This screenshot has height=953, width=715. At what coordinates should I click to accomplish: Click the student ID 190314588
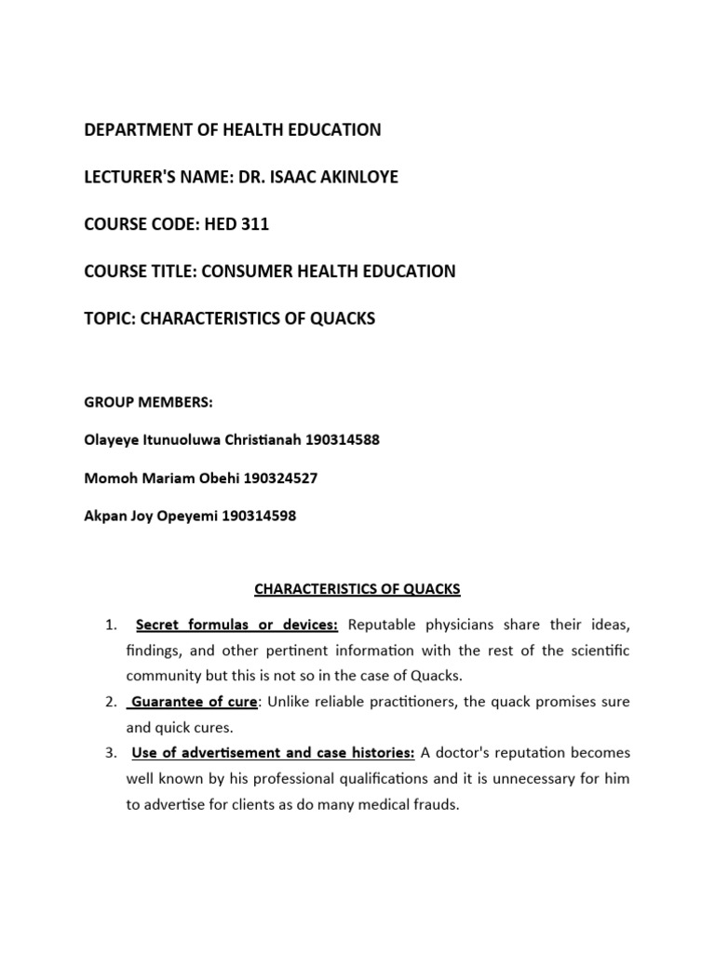pos(334,439)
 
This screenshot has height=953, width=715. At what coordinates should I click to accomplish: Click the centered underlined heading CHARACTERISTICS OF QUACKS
pos(357,589)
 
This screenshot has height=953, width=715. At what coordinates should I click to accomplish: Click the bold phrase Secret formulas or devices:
pos(236,624)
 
